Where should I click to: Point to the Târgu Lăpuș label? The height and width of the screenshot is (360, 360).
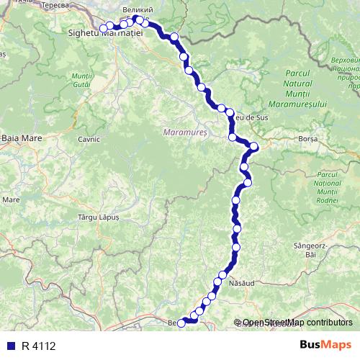pos(97,215)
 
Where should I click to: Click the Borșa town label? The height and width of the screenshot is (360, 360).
pos(308,141)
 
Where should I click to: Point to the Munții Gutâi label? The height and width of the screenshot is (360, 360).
pos(81,81)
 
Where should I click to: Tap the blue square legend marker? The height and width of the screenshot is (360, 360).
pos(10,346)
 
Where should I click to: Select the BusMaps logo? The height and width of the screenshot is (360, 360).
pos(323,346)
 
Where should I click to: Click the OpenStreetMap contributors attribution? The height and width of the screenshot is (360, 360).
pos(297,323)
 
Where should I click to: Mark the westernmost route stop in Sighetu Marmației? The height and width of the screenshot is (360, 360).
pos(104,28)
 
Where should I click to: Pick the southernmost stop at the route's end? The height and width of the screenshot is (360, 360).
pos(181,323)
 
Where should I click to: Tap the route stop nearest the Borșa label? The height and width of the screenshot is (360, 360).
pos(253,148)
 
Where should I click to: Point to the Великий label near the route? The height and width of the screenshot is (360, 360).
pos(136,9)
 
